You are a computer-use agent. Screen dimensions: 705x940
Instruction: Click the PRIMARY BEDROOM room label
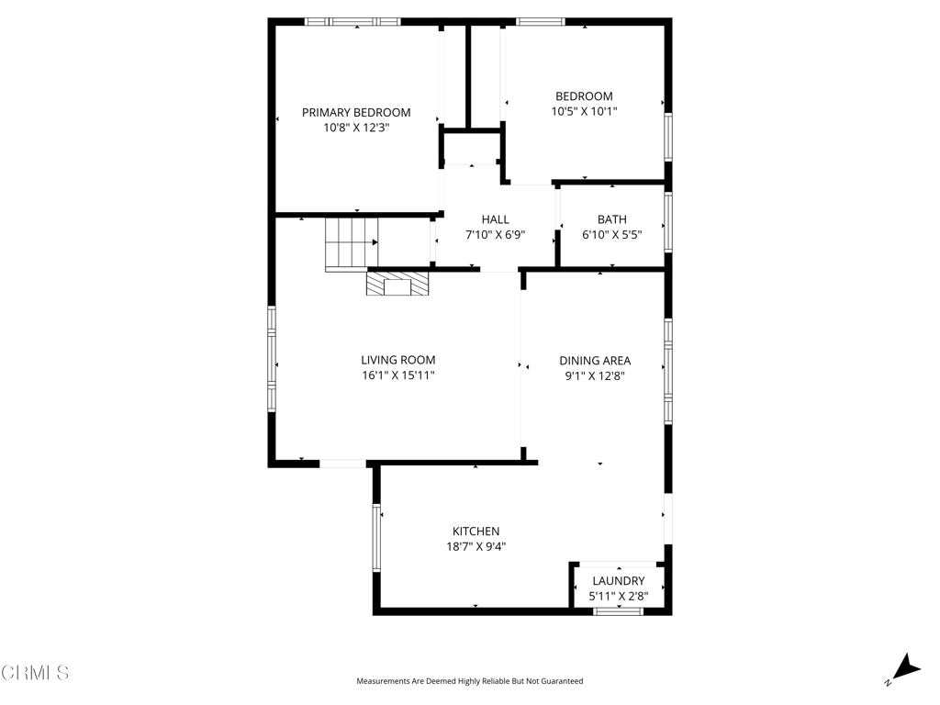(x=356, y=113)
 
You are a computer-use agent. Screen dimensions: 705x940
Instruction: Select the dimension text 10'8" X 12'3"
(x=356, y=129)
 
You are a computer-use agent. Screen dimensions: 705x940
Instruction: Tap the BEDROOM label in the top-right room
(x=584, y=96)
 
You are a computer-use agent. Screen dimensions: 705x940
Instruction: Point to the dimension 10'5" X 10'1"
(x=584, y=112)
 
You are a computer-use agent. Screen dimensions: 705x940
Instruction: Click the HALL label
(x=495, y=219)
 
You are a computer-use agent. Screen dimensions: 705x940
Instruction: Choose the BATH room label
(x=611, y=219)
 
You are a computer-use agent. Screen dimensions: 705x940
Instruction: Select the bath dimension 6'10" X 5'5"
(x=611, y=235)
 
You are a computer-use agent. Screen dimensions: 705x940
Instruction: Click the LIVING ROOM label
(x=397, y=361)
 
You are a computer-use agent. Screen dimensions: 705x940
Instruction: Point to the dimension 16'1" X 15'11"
(x=397, y=376)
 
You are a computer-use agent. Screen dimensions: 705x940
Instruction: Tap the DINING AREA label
(x=595, y=361)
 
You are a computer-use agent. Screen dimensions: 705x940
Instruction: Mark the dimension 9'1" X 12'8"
(x=595, y=376)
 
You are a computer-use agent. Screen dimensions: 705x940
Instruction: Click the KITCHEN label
(x=476, y=532)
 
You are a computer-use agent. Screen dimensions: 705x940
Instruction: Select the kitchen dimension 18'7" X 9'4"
(x=476, y=547)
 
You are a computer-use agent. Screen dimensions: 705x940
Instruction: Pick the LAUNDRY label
(x=618, y=581)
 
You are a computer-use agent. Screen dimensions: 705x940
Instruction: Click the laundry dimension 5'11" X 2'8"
(x=618, y=597)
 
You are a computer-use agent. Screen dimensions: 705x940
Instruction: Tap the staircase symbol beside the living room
(x=351, y=243)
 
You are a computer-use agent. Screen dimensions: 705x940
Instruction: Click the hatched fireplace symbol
(x=397, y=284)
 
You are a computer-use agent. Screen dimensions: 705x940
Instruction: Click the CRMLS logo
(x=35, y=673)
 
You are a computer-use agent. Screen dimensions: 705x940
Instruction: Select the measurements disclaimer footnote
(x=469, y=681)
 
